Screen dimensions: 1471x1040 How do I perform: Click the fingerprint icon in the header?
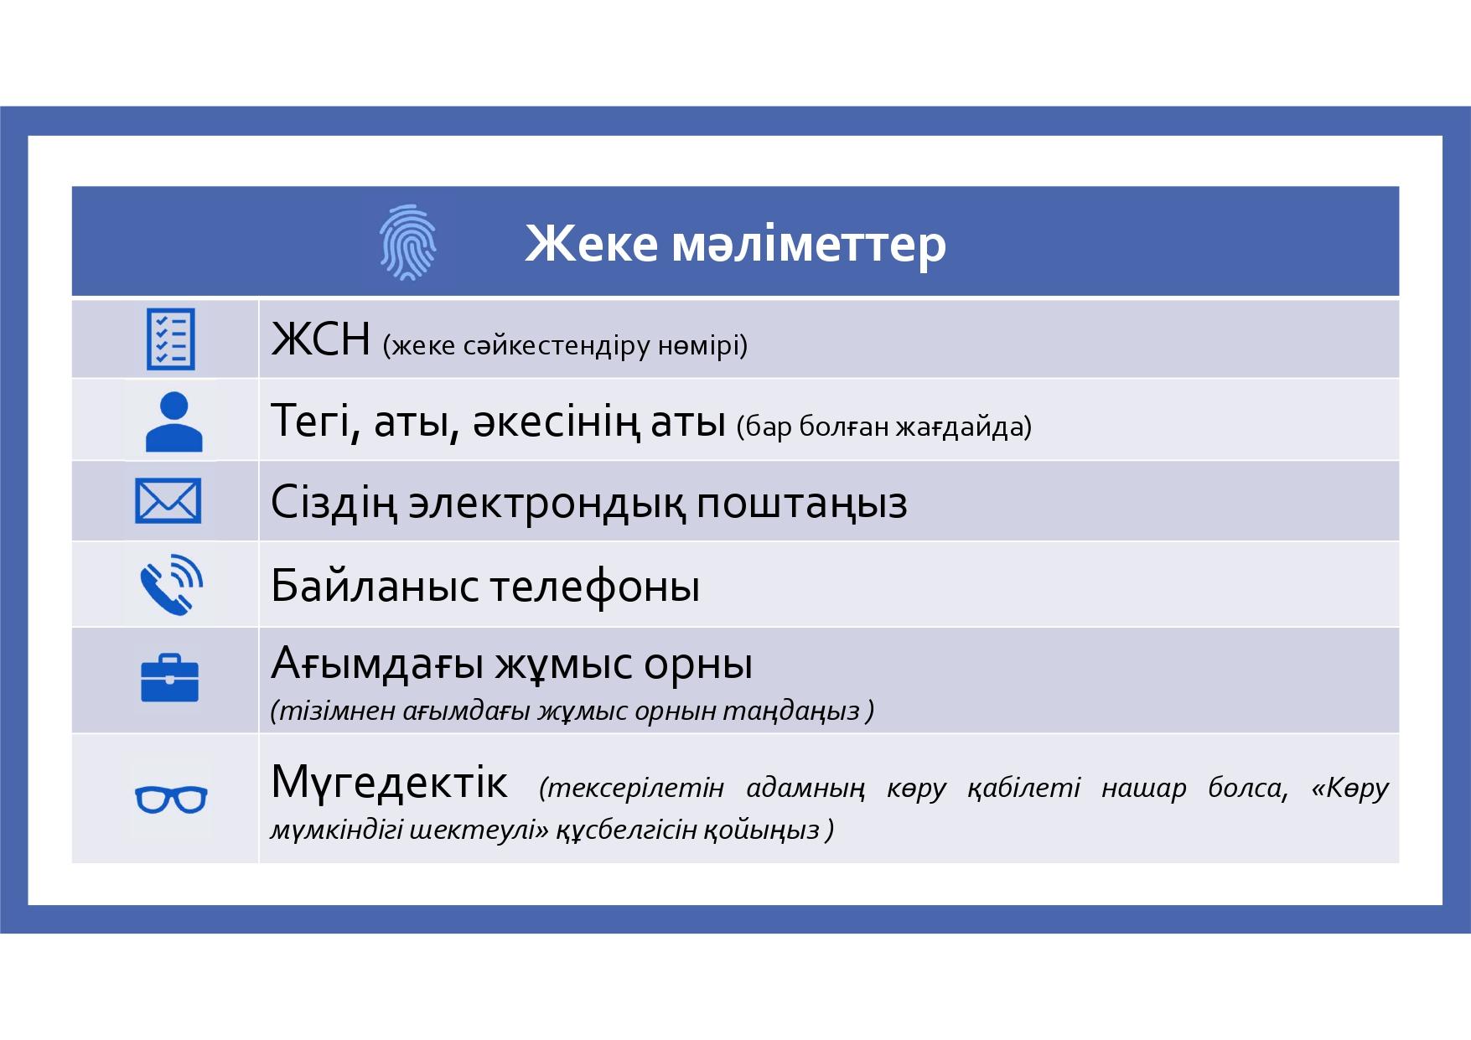click(x=407, y=242)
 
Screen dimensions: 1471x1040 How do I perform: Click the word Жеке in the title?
click(x=591, y=244)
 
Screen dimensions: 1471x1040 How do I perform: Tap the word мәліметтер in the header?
click(x=809, y=245)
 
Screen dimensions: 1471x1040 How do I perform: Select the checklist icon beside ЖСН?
click(x=171, y=339)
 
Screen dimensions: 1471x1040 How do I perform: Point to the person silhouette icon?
click(x=174, y=422)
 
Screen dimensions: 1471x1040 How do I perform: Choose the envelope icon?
click(x=168, y=501)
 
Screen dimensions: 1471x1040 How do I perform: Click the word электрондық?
click(x=546, y=504)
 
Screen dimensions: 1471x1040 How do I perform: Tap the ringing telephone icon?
click(x=171, y=584)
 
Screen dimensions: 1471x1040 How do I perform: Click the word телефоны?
click(x=594, y=586)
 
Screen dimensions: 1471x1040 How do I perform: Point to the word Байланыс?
click(x=375, y=586)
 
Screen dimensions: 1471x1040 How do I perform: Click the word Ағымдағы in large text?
click(x=377, y=665)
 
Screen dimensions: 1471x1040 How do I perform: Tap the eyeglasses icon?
click(x=171, y=799)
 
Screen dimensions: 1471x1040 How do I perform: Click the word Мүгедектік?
click(x=389, y=782)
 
